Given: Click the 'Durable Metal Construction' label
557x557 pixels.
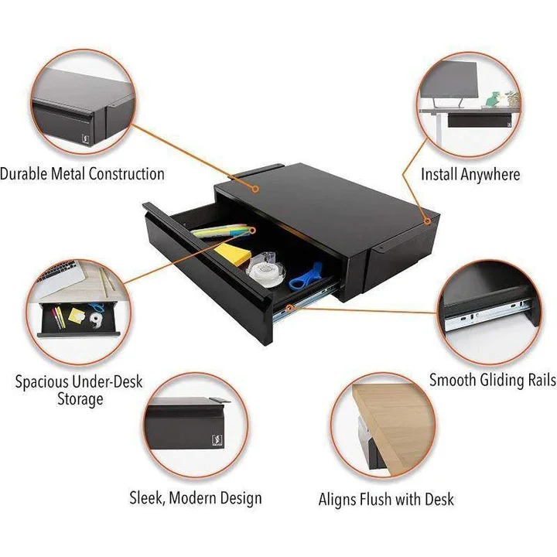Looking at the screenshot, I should click(x=82, y=173).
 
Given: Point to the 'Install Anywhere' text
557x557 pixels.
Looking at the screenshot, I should click(x=470, y=174).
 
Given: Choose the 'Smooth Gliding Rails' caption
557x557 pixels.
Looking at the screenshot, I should click(x=492, y=380).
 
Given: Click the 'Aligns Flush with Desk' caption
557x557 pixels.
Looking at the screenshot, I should click(x=386, y=500).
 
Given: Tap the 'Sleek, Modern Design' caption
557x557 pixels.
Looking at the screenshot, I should click(x=195, y=498).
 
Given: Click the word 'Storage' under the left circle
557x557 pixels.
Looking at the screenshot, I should click(x=80, y=400).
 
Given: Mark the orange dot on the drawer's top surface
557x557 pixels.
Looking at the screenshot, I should click(x=256, y=187).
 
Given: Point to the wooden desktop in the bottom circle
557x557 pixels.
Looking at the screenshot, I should click(x=391, y=418).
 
